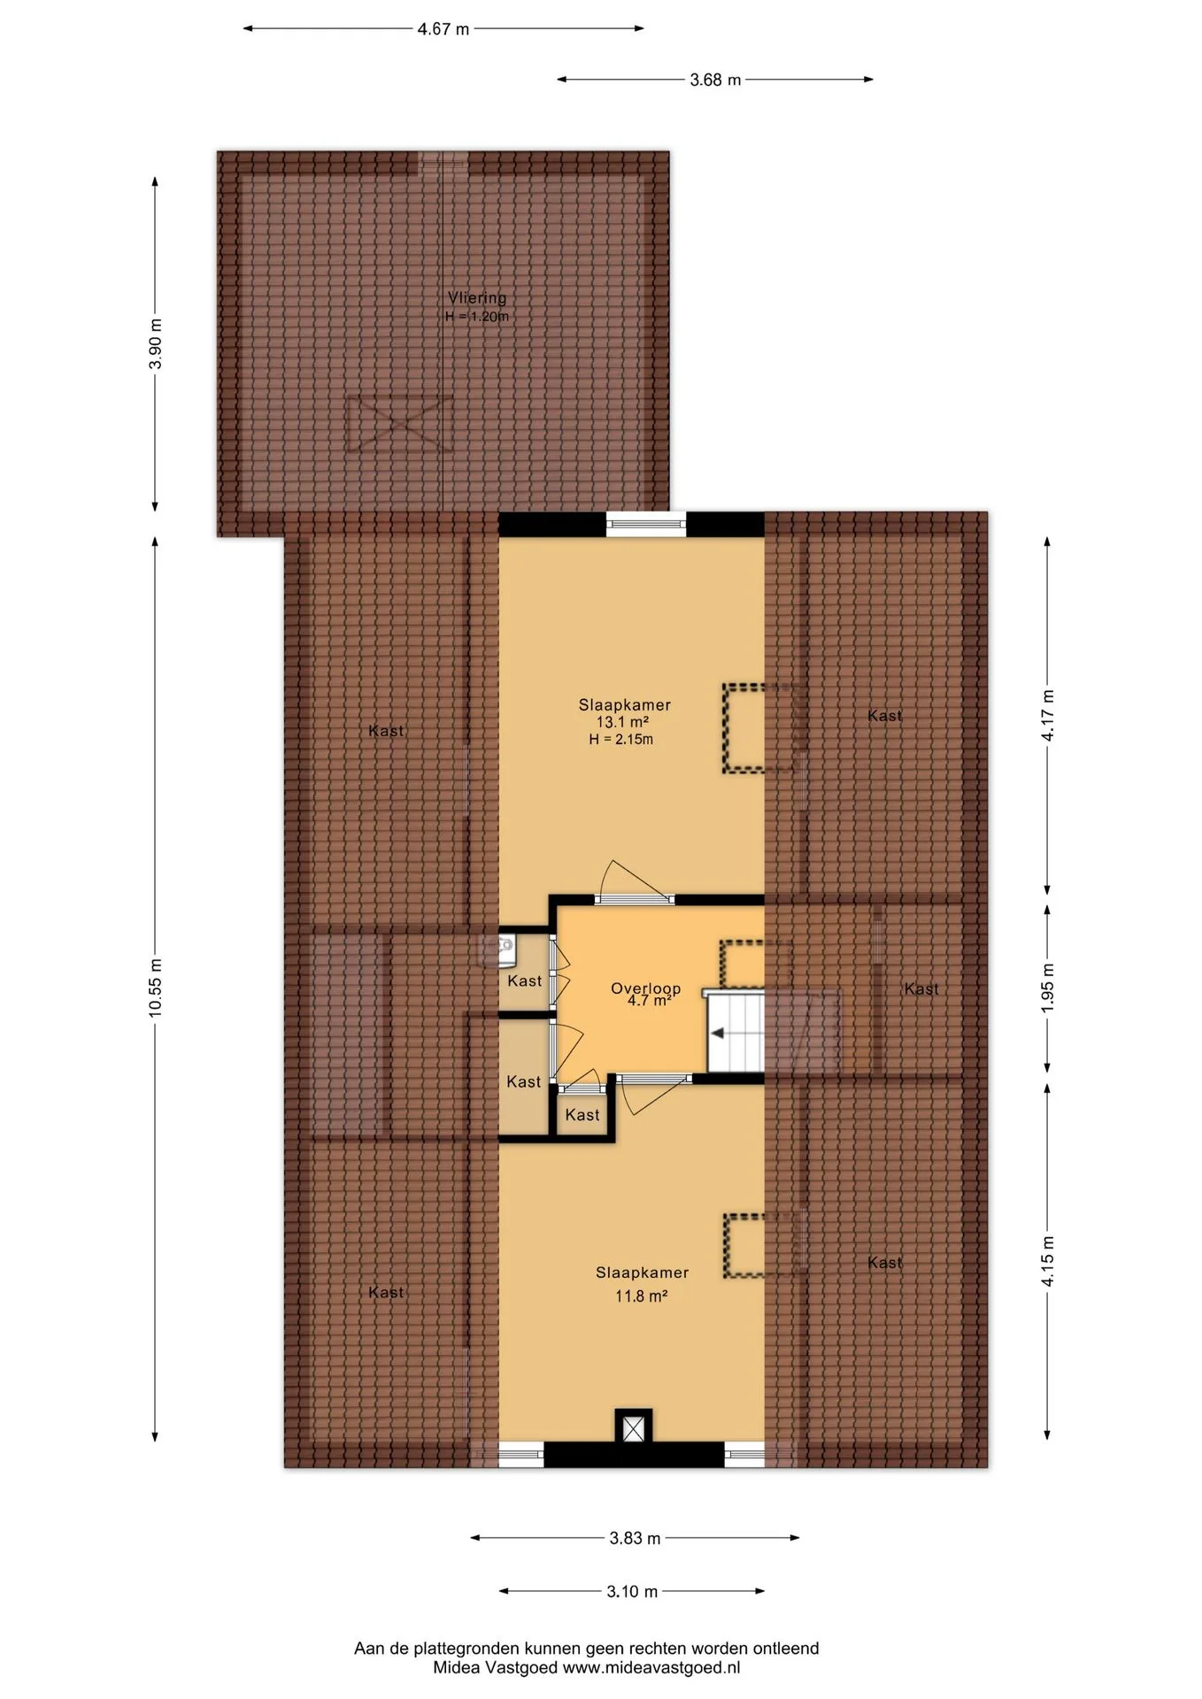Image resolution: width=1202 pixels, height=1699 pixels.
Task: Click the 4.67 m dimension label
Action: (443, 29)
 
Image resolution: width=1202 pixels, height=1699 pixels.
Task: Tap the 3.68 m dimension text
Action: (715, 80)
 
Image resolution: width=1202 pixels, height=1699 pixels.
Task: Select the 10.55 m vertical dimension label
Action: (156, 988)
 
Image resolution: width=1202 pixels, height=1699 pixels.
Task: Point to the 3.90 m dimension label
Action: (156, 343)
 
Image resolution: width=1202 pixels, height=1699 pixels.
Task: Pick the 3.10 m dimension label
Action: (632, 1591)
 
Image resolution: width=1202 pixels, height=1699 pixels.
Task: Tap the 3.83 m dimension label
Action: (635, 1538)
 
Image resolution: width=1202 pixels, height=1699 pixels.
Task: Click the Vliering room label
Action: (477, 298)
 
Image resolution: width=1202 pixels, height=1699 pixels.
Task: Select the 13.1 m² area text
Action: (622, 722)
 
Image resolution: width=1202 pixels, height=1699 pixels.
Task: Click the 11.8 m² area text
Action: (641, 1296)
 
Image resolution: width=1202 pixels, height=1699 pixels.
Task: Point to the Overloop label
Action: (646, 988)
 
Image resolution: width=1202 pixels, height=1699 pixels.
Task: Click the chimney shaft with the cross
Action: (634, 1429)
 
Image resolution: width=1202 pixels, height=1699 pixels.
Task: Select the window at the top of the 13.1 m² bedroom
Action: (646, 525)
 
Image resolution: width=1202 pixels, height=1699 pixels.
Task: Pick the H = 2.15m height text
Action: (621, 740)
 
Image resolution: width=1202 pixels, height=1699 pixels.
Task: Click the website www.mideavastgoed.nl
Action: (651, 1668)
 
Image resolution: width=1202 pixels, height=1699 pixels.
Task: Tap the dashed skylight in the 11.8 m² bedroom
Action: (744, 1246)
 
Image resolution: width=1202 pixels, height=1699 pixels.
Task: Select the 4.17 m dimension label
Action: (1048, 715)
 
